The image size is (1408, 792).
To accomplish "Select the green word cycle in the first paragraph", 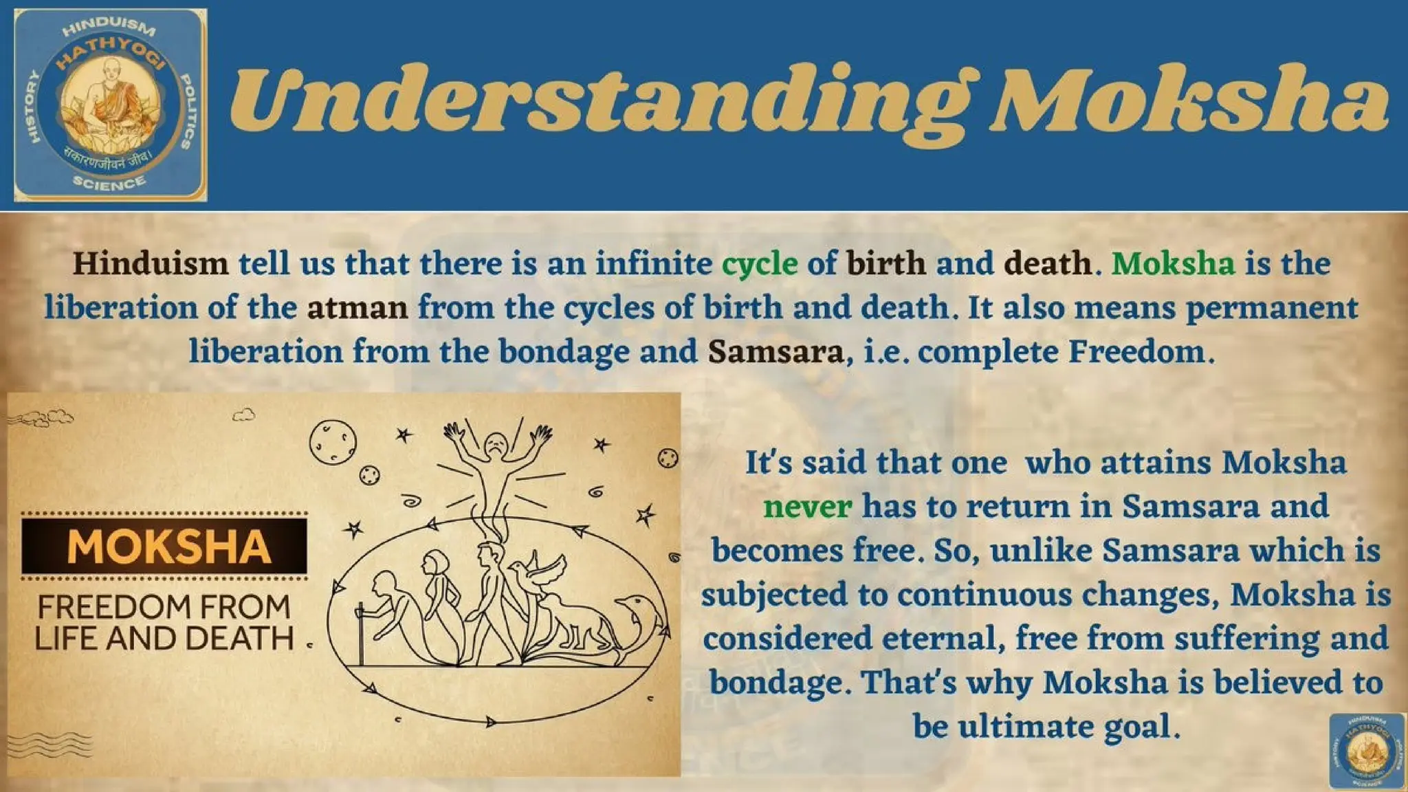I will [x=759, y=264].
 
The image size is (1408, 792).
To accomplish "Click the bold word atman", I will [x=357, y=308].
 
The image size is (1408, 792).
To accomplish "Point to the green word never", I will [x=807, y=507].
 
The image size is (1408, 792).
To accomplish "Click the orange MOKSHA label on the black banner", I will [x=168, y=547].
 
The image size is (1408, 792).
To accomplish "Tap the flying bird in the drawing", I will [x=543, y=574].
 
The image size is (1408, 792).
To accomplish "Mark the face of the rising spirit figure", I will [x=495, y=443].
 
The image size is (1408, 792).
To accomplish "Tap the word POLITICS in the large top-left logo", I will [x=186, y=110].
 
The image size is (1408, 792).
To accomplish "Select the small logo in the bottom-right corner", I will [x=1366, y=751].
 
